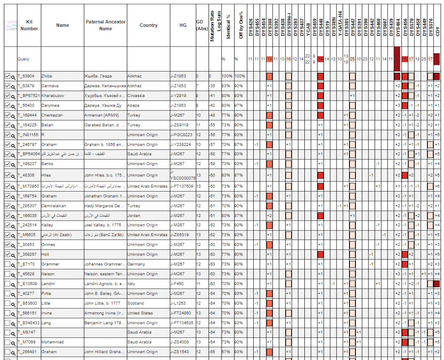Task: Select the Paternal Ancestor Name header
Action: pyautogui.click(x=105, y=25)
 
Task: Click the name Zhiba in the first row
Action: pyautogui.click(x=47, y=76)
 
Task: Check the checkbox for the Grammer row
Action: pyautogui.click(x=7, y=264)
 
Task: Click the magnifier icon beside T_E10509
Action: pyautogui.click(x=13, y=284)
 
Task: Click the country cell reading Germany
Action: pyautogui.click(x=136, y=264)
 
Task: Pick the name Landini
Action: pyautogui.click(x=49, y=284)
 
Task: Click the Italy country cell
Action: pyautogui.click(x=131, y=284)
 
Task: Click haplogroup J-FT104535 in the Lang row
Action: pyautogui.click(x=183, y=323)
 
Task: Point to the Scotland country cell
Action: pyautogui.click(x=136, y=303)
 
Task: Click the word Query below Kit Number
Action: pyautogui.click(x=23, y=59)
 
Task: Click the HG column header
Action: pyautogui.click(x=183, y=25)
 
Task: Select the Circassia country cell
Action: pyautogui.click(x=136, y=96)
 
